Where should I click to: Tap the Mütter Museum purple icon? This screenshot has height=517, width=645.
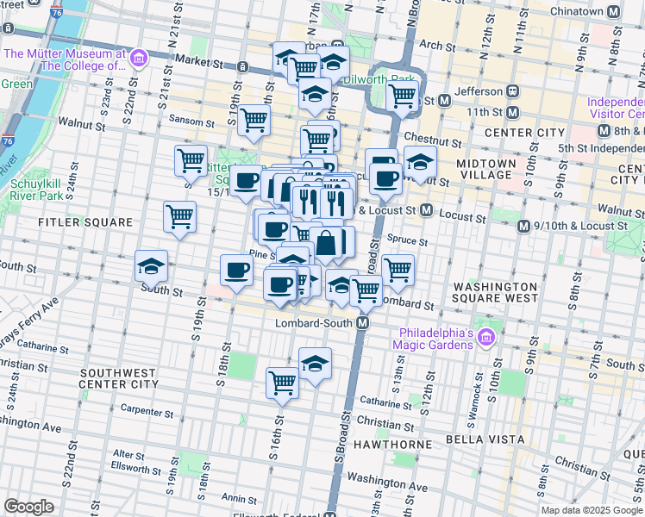click(x=138, y=59)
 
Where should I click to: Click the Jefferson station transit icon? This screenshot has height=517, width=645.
click(x=512, y=91)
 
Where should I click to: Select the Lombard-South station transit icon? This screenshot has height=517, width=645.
click(x=363, y=322)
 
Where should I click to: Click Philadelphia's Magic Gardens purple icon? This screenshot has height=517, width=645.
click(x=485, y=334)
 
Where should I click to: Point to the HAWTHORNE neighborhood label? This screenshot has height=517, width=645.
click(x=398, y=444)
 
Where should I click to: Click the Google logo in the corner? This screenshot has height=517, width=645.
click(x=28, y=507)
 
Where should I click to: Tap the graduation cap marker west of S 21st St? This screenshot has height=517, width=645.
click(x=151, y=268)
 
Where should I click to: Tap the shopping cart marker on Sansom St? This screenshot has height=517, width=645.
click(x=254, y=122)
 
